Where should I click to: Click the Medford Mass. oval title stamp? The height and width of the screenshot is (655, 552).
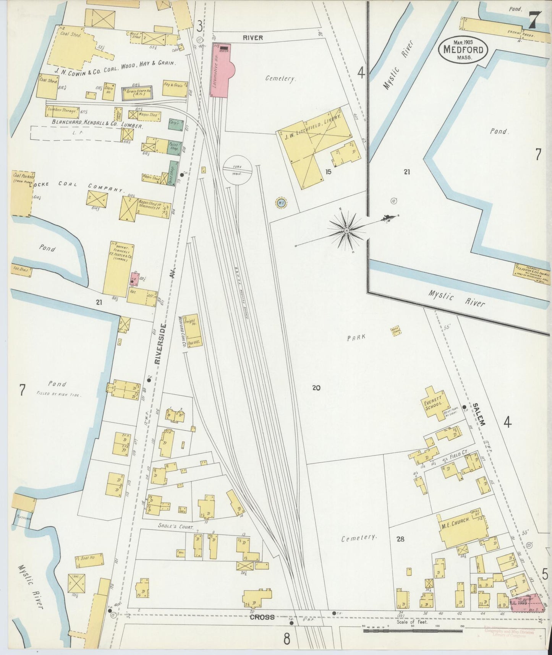pyautogui.click(x=463, y=50)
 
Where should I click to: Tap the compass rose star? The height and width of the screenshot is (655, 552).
pyautogui.click(x=346, y=230)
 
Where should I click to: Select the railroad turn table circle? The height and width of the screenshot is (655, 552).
pyautogui.click(x=237, y=170)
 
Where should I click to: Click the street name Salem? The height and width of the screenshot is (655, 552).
pyautogui.click(x=479, y=414)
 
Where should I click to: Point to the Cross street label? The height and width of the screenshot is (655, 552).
pyautogui.click(x=262, y=617)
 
